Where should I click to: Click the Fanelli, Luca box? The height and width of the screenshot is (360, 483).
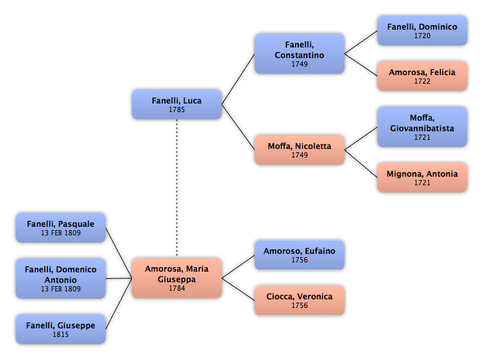(177, 104)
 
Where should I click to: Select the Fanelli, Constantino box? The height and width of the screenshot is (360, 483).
(300, 53)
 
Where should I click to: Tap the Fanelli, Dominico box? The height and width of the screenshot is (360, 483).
(422, 31)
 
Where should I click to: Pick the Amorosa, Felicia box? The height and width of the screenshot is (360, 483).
(422, 76)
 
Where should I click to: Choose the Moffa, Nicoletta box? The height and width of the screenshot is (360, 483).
(300, 150)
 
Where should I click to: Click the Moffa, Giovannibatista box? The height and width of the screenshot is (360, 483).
(422, 127)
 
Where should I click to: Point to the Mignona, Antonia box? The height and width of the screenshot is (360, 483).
(422, 177)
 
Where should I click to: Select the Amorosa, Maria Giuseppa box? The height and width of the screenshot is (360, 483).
(177, 278)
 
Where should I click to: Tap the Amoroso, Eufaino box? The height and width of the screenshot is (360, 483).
(300, 255)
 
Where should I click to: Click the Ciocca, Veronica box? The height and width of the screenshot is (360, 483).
(300, 301)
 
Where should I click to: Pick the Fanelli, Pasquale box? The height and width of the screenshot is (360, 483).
(61, 227)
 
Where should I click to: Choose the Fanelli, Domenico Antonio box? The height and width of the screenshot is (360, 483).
(61, 278)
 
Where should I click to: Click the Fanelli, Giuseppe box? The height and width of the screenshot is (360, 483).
(61, 329)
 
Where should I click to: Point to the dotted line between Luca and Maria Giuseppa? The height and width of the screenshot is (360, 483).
(177, 188)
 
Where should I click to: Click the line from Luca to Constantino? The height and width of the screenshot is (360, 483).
(238, 79)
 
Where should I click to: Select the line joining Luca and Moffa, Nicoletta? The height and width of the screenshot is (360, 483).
(238, 127)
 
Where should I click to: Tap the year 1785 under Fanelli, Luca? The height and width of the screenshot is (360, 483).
(177, 109)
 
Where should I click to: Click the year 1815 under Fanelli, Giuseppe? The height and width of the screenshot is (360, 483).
(61, 334)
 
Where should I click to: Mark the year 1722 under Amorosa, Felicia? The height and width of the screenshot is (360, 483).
(422, 81)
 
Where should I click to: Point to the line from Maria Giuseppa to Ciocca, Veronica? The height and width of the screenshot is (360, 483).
(238, 289)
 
